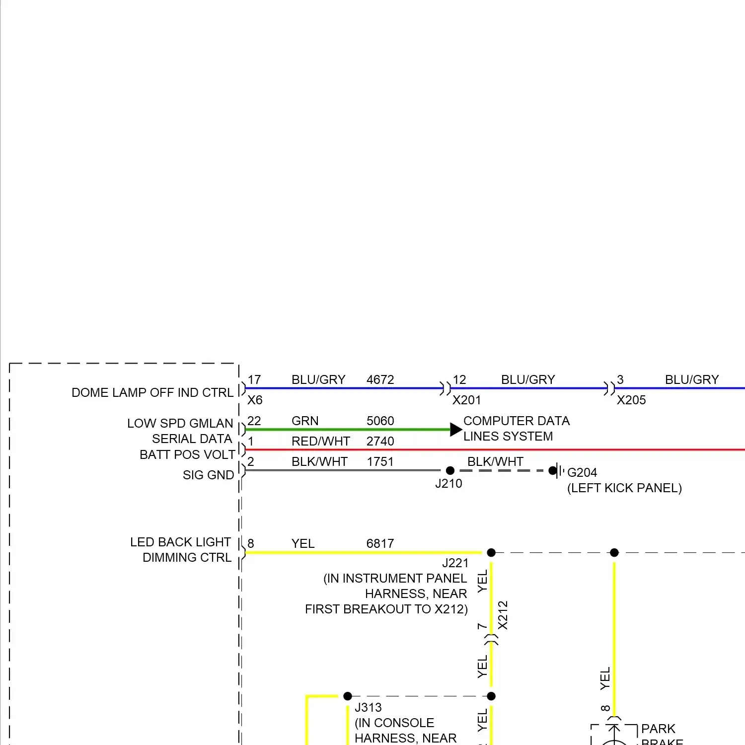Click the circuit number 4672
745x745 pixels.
[x=380, y=379]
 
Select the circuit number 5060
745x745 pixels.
[x=380, y=421]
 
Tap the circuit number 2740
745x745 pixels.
[x=380, y=441]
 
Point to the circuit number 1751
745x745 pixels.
[x=380, y=461]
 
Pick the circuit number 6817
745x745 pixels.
[x=380, y=543]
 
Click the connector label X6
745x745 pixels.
[x=255, y=400]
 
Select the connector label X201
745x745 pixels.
[x=466, y=400]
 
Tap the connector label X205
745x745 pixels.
[x=631, y=400]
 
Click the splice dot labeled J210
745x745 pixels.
[x=450, y=470]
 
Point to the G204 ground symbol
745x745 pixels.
[x=558, y=470]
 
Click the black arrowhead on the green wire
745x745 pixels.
[x=455, y=430]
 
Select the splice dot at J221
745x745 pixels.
[x=491, y=552]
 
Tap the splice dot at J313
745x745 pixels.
[x=348, y=696]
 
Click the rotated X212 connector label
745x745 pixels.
[x=503, y=615]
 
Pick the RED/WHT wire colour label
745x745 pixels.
[x=320, y=441]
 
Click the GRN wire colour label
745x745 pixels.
[x=304, y=421]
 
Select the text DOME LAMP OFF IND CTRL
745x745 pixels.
[x=152, y=392]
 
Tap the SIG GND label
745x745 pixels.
[x=208, y=475]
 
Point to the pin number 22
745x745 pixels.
[x=254, y=421]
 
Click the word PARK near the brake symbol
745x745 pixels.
[x=658, y=729]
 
